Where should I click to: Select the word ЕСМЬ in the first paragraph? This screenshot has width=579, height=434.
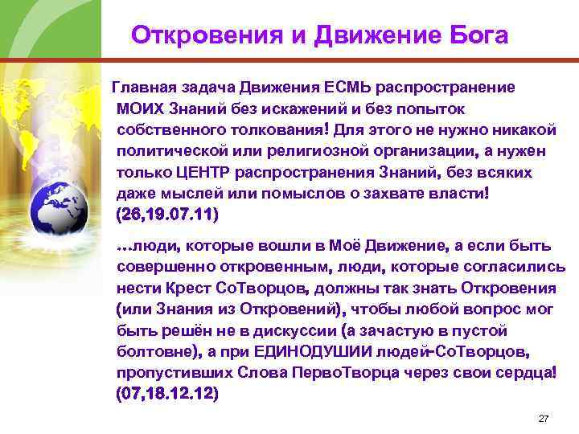click(x=349, y=86)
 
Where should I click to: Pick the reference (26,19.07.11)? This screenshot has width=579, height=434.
click(x=167, y=216)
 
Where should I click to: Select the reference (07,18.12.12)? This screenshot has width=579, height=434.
click(x=167, y=395)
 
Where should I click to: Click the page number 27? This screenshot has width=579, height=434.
click(x=543, y=420)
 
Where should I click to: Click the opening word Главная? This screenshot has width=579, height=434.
click(x=144, y=86)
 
